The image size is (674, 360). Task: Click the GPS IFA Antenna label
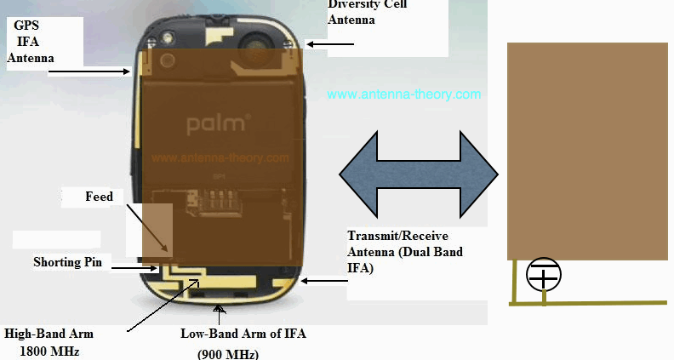pos(30,42)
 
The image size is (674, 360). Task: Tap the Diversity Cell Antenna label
pos(367,12)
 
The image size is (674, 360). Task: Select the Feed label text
pos(99,197)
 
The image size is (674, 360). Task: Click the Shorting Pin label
pos(67,262)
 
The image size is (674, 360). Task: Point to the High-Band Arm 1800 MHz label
pos(49,342)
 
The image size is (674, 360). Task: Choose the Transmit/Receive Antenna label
pos(404,252)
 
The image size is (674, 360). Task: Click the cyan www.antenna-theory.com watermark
pos(403,94)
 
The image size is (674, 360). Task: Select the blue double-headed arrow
pos(418,174)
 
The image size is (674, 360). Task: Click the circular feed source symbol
pos(543,274)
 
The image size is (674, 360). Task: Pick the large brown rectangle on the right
pos(587,151)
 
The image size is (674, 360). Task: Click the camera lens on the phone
pos(251,45)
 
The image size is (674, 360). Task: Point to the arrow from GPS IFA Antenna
pos(89,71)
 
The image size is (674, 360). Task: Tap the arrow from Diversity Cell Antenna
pos(329,44)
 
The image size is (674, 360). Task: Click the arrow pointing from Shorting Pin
pos(134,268)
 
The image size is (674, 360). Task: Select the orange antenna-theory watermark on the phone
pos(220,157)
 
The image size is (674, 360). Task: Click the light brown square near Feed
pos(157,230)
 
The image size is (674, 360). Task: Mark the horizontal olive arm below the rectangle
pos(588,303)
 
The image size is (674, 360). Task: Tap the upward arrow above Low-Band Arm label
pos(220,315)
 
